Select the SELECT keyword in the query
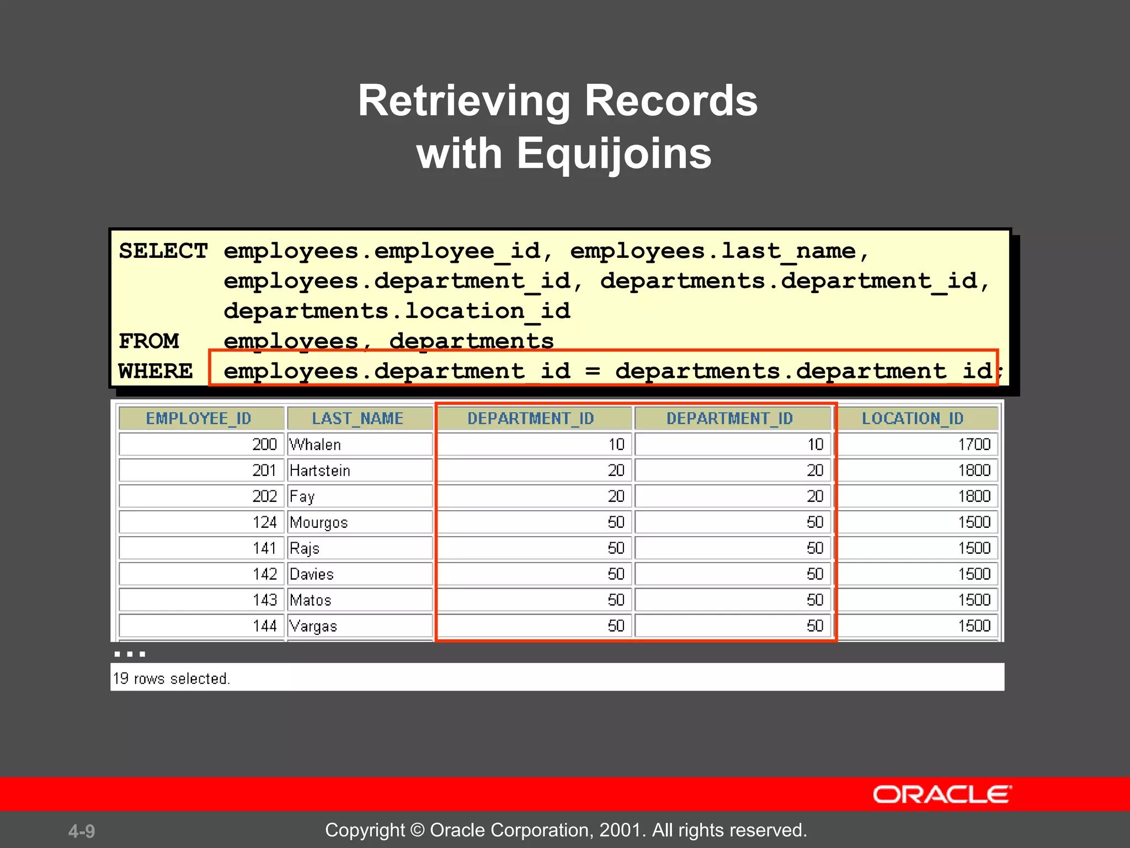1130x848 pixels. click(x=163, y=251)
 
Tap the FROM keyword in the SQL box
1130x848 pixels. click(x=149, y=341)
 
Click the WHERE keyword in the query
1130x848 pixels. click(x=156, y=371)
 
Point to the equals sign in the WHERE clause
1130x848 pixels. click(x=593, y=371)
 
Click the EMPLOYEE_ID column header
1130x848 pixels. click(x=199, y=418)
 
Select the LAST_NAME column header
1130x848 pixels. click(x=358, y=418)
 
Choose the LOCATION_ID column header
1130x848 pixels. click(x=913, y=418)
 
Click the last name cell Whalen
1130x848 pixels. click(x=315, y=444)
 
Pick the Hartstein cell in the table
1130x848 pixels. click(x=320, y=470)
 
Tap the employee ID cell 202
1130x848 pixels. click(x=264, y=496)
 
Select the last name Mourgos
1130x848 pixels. click(x=319, y=522)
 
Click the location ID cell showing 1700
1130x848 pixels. click(x=974, y=444)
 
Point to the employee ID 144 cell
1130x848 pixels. click(x=264, y=626)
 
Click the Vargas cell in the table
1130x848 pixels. click(x=313, y=626)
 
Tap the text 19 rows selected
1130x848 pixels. click(x=171, y=678)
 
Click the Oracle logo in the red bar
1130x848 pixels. click(x=942, y=794)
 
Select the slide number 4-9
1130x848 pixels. click(x=82, y=831)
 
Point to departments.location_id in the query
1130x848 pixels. click(x=397, y=311)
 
